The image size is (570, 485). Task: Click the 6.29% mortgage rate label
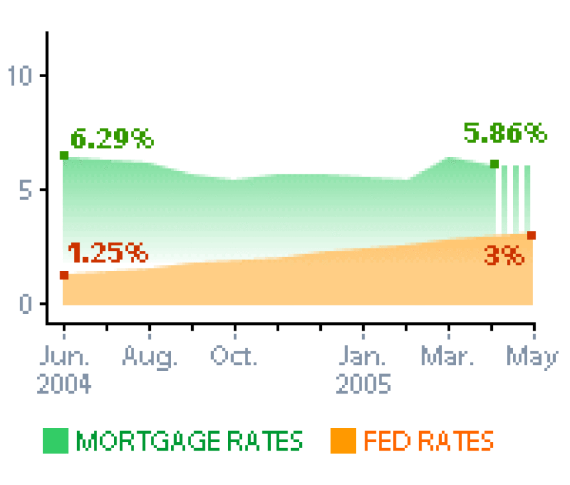112,139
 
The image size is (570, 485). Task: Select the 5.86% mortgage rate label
505,134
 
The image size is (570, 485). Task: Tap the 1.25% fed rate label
108,253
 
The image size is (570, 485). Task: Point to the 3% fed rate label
504,257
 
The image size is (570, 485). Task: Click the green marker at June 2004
64,156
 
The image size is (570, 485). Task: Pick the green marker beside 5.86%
494,164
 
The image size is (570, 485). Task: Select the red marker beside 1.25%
64,276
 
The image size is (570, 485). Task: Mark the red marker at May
532,235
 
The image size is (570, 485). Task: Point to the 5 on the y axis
27,190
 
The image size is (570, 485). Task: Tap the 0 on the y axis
27,304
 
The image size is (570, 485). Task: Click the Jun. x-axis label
64,357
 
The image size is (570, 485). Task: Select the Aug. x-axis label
150,357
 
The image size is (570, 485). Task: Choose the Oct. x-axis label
234,357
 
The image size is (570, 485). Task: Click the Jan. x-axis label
363,357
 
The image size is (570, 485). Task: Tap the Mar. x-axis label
448,357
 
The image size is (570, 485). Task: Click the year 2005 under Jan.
363,384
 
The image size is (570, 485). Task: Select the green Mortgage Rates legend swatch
56,442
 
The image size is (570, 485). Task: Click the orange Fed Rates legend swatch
343,442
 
